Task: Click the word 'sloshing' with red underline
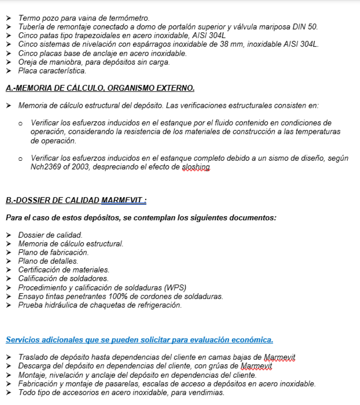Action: pos(196,167)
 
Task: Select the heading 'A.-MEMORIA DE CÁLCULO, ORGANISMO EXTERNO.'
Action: pos(100,89)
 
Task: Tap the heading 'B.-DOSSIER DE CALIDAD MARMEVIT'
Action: pos(76,200)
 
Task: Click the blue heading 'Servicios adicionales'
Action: pos(139,340)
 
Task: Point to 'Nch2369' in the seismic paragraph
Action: pos(44,167)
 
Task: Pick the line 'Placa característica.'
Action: pos(52,71)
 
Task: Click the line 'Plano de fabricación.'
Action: pos(53,252)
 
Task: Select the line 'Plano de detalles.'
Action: pos(48,261)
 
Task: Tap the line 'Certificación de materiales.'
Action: pos(64,270)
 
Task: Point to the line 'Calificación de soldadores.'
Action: pos(63,278)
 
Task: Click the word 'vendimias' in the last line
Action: pos(209,392)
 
